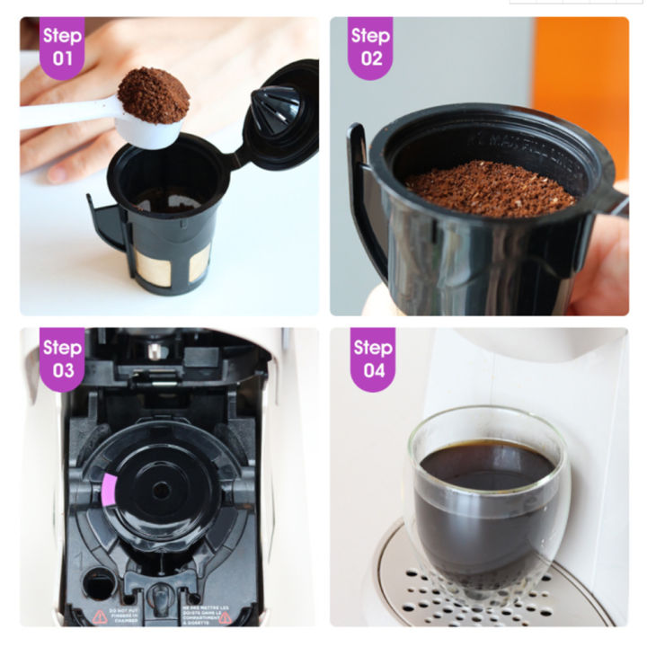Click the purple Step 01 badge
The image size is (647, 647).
point(62,46)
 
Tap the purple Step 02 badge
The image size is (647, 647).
point(370,46)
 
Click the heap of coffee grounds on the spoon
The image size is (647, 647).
point(153,93)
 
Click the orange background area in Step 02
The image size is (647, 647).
point(580,72)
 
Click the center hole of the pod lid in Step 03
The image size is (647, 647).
point(162,491)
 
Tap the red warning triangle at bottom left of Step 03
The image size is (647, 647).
point(99,616)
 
